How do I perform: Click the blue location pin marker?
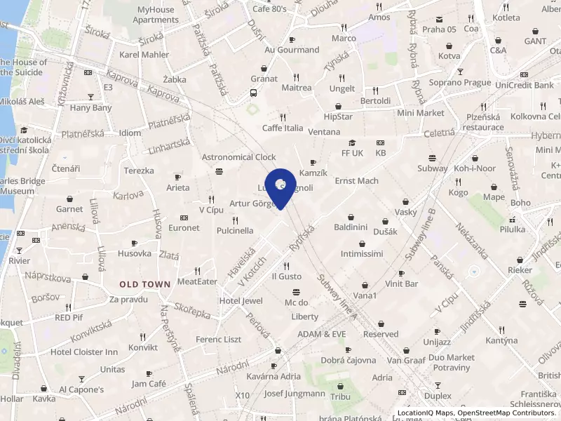pyautogui.click(x=280, y=187)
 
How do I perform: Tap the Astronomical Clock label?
pyautogui.click(x=239, y=157)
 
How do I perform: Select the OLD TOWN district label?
pyautogui.click(x=145, y=284)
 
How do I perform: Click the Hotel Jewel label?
pyautogui.click(x=241, y=301)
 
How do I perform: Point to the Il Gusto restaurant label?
pyautogui.click(x=286, y=276)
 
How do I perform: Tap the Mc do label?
pyautogui.click(x=296, y=302)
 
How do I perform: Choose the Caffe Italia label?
pyautogui.click(x=283, y=128)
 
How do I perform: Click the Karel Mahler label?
pyautogui.click(x=144, y=55)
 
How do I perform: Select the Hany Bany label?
pyautogui.click(x=90, y=108)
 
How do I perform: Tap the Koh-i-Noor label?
pyautogui.click(x=475, y=168)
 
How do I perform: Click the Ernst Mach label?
pyautogui.click(x=356, y=181)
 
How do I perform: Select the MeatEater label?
pyautogui.click(x=197, y=281)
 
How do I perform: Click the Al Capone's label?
pyautogui.click(x=81, y=389)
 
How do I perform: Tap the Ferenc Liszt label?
pyautogui.click(x=218, y=340)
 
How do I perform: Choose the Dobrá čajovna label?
pyautogui.click(x=349, y=360)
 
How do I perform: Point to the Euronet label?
pyautogui.click(x=184, y=228)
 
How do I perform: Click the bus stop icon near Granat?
pyautogui.click(x=253, y=93)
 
